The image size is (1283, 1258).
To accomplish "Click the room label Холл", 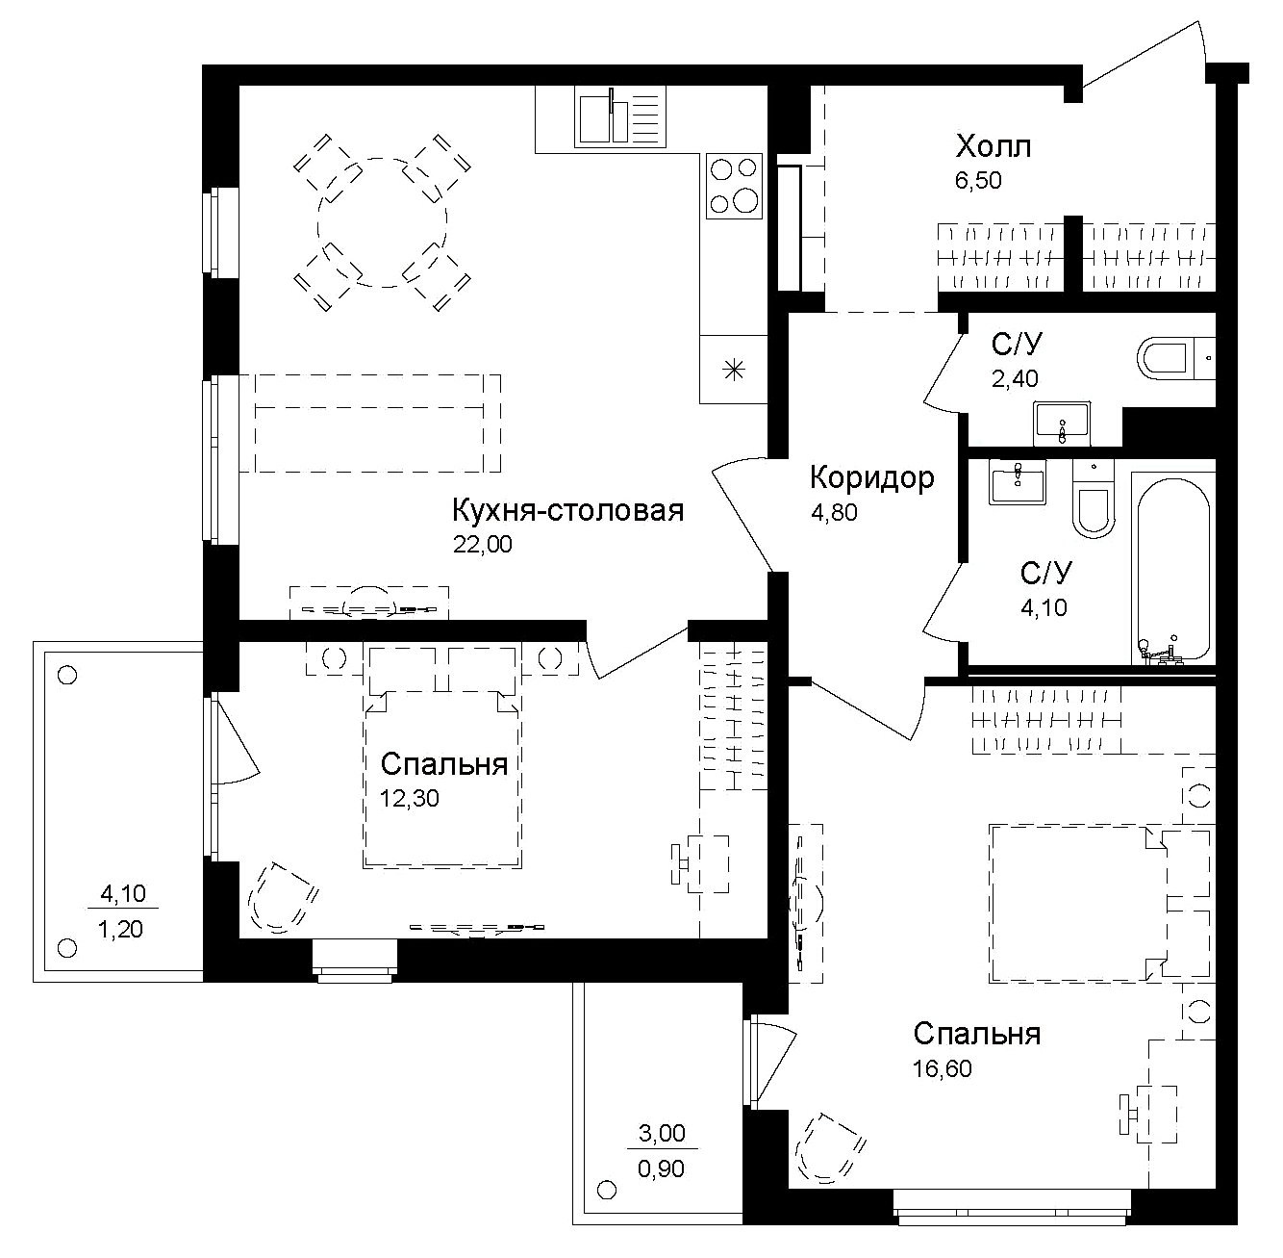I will [993, 147].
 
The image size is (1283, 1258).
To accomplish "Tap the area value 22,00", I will [483, 545].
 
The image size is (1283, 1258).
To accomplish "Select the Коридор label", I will [871, 477].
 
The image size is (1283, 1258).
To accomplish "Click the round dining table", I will [383, 223].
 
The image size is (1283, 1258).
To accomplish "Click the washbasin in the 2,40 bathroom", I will [1062, 424].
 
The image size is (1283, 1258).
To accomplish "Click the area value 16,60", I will [942, 1069].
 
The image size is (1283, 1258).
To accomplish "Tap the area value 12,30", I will [411, 799].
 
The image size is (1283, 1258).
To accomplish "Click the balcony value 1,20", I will [122, 930].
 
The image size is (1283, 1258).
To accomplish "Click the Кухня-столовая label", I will [567, 510].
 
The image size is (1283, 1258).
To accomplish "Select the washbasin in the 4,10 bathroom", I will [1017, 481].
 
